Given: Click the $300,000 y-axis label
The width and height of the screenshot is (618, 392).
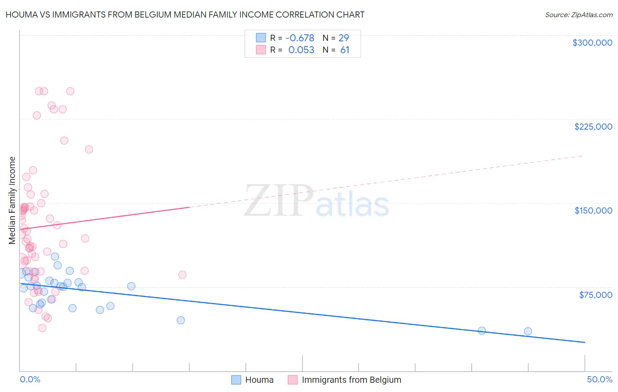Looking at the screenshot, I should coord(592,43).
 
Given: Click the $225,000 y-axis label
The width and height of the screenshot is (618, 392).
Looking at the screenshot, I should coord(593,127).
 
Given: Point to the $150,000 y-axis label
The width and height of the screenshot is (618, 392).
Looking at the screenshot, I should coord(593,211).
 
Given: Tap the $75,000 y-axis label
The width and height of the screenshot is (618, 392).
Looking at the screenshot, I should coord(596,295).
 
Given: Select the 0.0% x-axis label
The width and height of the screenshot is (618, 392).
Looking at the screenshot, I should coord(30,379).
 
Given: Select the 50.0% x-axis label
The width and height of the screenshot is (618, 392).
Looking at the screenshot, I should coord(599,379).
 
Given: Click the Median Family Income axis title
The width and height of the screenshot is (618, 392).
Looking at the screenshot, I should coord(12,200).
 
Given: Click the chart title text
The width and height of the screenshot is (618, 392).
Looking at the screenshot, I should coord(185,15).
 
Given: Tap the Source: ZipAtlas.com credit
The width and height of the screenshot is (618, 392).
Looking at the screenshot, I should coord(578,15).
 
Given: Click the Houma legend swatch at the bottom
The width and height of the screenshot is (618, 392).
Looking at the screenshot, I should coord(236,380).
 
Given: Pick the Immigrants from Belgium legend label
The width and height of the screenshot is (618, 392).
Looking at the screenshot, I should coord(351,380).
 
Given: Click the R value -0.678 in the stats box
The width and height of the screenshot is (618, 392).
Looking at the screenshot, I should coord(300,38).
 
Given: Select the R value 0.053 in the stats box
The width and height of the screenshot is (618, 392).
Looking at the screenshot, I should coord(301,50).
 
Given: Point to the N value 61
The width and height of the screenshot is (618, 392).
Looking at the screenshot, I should coord(345,50).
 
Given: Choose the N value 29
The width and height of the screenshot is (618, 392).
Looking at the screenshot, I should coord(344,38).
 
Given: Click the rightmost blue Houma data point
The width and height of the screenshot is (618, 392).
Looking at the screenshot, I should coord(528,331).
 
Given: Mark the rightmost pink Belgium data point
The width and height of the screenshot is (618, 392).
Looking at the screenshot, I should coord(182,275).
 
